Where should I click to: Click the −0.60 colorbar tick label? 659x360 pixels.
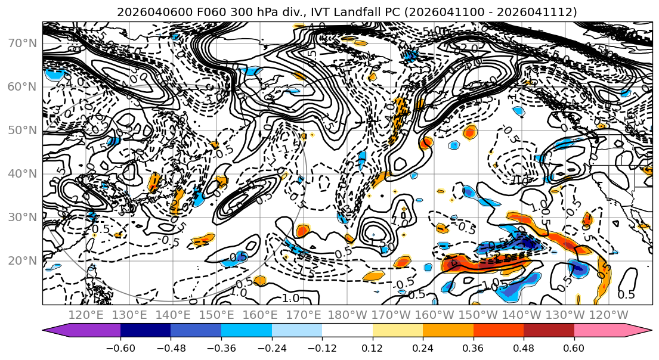[x=120, y=348]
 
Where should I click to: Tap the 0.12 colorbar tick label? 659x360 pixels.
[x=373, y=348]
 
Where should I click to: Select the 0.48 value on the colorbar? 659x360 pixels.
[x=524, y=348]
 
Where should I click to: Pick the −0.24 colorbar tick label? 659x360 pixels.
[x=271, y=348]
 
